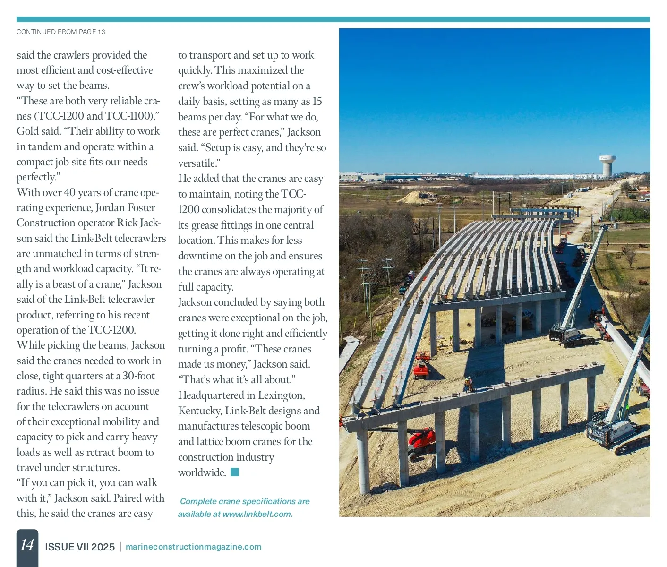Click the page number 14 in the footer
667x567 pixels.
(x=27, y=545)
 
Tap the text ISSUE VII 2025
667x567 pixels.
(x=80, y=547)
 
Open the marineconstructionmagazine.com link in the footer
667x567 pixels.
(x=193, y=547)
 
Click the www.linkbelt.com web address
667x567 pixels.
(x=257, y=514)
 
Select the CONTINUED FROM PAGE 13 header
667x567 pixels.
(x=61, y=32)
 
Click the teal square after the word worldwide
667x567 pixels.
(x=235, y=472)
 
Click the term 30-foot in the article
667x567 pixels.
(x=139, y=376)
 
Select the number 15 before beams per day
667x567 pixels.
(x=317, y=102)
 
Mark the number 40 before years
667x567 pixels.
(x=69, y=192)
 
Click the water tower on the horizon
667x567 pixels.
(x=607, y=166)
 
